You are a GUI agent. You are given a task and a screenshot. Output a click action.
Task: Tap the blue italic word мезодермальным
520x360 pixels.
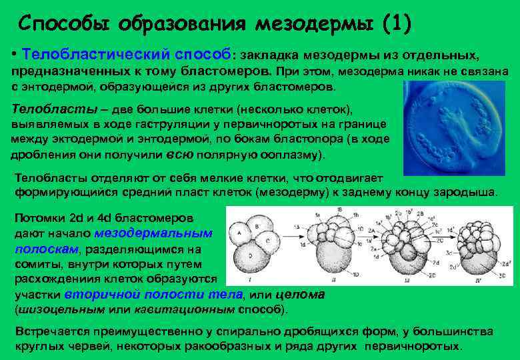point(153,233)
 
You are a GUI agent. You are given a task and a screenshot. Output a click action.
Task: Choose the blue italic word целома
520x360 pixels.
point(299,294)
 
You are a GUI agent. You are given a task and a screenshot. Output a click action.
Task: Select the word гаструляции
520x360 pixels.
point(179,125)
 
